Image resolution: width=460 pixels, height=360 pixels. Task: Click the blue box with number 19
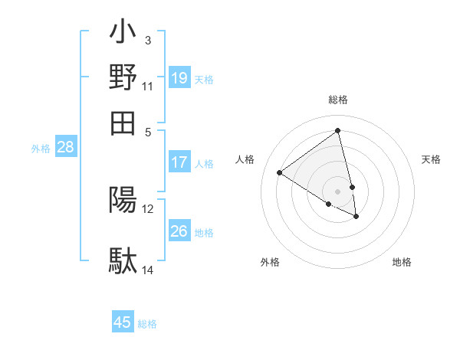click(x=179, y=78)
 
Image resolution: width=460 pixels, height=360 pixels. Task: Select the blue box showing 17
click(x=179, y=162)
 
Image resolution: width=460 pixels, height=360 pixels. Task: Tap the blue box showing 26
click(x=179, y=231)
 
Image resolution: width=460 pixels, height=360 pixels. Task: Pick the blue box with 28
click(x=66, y=148)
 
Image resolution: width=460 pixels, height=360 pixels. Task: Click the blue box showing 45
click(x=123, y=322)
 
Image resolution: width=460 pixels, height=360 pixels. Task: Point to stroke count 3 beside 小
click(x=148, y=40)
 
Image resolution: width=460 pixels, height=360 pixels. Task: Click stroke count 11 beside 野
click(x=148, y=85)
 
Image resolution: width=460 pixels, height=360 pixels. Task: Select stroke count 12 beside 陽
click(x=148, y=208)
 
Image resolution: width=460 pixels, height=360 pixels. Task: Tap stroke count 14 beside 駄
click(x=148, y=270)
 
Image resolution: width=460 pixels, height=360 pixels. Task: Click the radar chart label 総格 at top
click(x=338, y=100)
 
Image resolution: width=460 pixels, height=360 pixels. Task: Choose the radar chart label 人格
click(x=245, y=159)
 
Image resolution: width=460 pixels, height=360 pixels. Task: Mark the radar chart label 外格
click(x=270, y=263)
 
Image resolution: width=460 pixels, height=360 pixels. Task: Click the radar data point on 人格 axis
click(x=280, y=173)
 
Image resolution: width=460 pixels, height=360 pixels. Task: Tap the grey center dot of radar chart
click(x=338, y=191)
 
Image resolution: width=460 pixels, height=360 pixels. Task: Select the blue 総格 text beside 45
click(x=147, y=324)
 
